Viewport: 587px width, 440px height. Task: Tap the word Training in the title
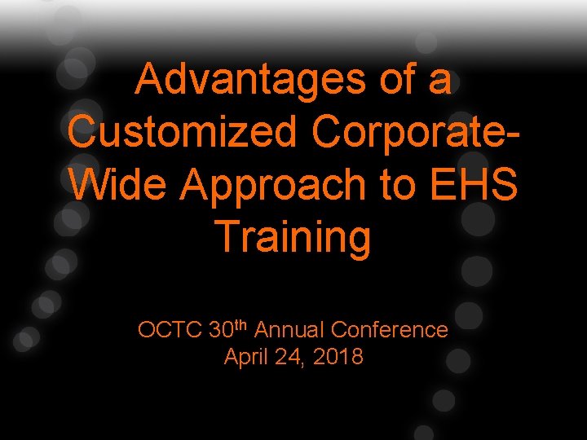pyautogui.click(x=293, y=237)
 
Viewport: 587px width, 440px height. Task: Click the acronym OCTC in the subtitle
pyautogui.click(x=170, y=330)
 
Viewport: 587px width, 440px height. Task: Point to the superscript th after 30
pyautogui.click(x=241, y=325)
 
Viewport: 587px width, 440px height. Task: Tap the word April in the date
pyautogui.click(x=248, y=357)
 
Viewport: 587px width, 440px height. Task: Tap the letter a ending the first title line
pyautogui.click(x=440, y=82)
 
